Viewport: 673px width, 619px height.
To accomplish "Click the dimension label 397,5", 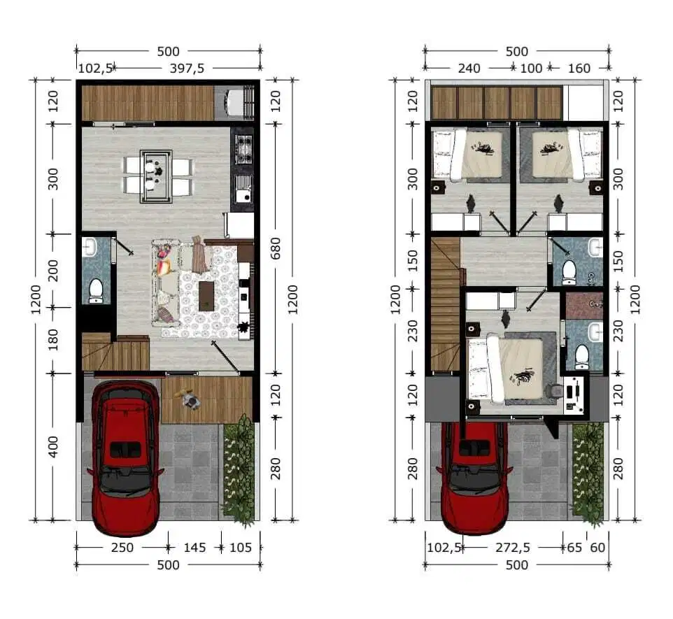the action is (x=187, y=69).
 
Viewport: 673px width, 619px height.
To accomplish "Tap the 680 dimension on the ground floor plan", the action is (x=275, y=248).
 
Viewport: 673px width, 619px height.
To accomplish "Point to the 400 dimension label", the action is (x=52, y=447).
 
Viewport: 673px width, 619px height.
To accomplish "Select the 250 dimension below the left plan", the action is (x=122, y=548).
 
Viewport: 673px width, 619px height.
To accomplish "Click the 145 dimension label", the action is (x=194, y=548).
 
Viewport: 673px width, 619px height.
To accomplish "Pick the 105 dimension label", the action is (x=241, y=548).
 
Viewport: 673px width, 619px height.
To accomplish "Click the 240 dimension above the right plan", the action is (x=469, y=69).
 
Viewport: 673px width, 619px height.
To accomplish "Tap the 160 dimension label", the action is (x=579, y=69).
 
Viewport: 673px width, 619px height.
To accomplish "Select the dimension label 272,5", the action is (x=513, y=548).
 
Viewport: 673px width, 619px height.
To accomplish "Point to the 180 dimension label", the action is (x=52, y=339).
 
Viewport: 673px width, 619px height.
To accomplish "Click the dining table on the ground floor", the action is (x=156, y=176).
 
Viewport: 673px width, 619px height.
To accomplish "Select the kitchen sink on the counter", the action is (x=243, y=188).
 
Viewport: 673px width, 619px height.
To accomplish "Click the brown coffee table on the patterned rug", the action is (x=206, y=295).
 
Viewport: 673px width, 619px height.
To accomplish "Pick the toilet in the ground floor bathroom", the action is (x=95, y=290).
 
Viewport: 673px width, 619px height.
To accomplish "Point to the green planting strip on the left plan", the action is (x=239, y=470).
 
